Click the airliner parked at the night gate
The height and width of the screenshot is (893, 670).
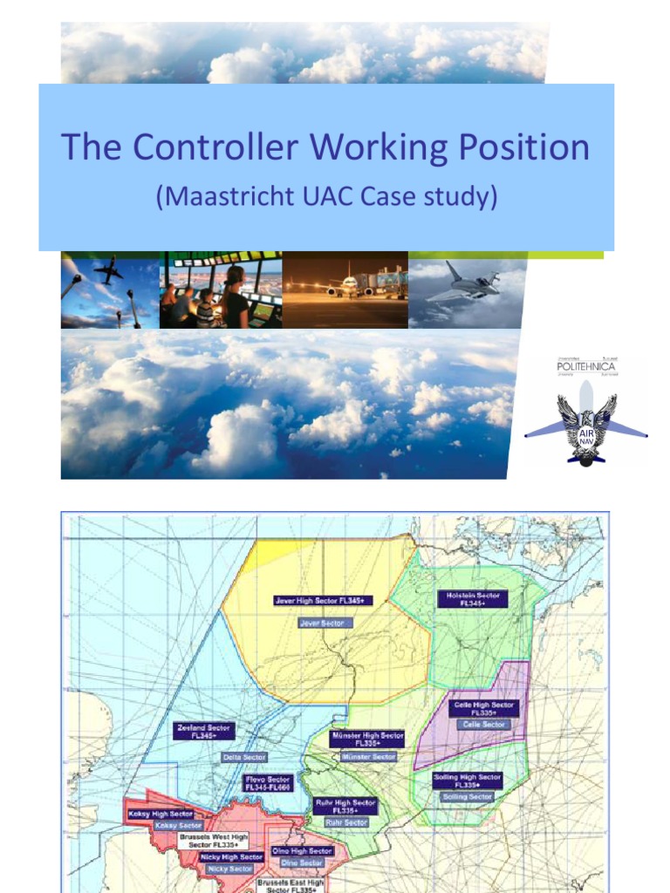point(349,287)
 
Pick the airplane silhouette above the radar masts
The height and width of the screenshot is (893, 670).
point(108,271)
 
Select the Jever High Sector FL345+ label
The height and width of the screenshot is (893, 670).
point(324,601)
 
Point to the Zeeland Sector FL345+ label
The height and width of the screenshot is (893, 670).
point(203,731)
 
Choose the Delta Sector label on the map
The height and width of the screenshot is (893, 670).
point(244,757)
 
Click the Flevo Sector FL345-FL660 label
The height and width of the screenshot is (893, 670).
point(268,783)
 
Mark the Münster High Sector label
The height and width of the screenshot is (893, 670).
point(367,740)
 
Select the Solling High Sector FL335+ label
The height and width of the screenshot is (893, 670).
point(467,781)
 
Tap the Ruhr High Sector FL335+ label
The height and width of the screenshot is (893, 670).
point(345,807)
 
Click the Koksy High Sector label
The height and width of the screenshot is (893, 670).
point(154,813)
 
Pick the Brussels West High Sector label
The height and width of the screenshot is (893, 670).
point(214,841)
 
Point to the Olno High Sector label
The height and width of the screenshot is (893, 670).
point(303,850)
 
